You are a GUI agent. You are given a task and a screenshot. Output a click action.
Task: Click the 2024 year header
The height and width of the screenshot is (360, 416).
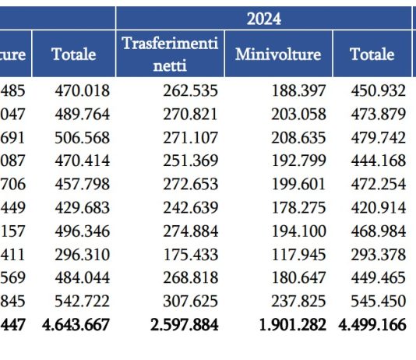[x=263, y=18]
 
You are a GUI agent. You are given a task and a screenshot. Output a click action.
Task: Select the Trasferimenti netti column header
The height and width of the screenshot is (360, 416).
[x=171, y=54]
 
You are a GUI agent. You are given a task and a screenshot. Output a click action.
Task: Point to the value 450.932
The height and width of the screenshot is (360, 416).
[x=378, y=90]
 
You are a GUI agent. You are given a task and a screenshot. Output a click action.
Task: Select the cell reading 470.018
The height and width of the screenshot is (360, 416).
[x=82, y=90]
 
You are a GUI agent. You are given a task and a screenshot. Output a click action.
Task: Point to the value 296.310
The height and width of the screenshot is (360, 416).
[x=82, y=254]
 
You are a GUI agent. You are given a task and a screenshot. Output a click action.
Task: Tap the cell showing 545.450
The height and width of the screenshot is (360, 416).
[x=378, y=301]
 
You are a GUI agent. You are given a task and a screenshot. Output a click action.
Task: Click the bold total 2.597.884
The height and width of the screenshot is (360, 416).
[x=184, y=324]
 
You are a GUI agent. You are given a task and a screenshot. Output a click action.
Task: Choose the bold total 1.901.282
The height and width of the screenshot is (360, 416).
[x=292, y=324]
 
